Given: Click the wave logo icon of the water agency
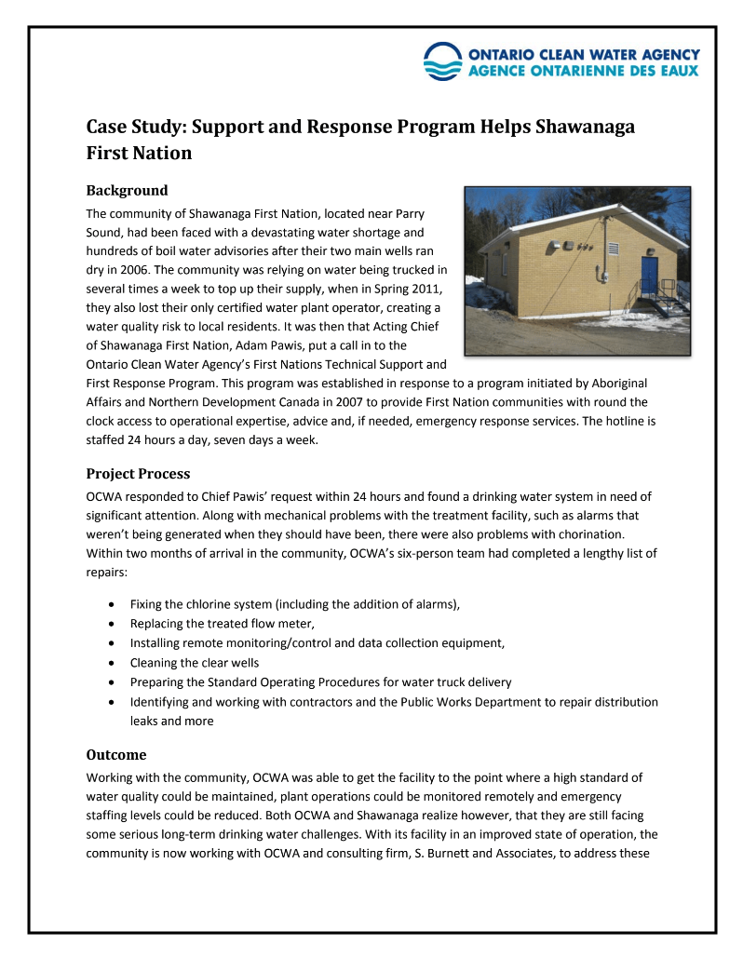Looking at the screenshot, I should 441,61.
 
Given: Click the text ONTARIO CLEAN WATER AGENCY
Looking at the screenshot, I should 584,55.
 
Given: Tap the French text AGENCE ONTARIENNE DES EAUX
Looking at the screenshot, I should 584,72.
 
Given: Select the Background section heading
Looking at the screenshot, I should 127,191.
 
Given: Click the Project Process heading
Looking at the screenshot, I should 138,474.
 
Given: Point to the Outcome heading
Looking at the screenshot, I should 116,754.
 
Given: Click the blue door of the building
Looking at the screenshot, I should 649,277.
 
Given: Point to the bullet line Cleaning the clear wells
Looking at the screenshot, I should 195,663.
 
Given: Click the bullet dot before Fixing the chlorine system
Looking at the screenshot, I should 112,605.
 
